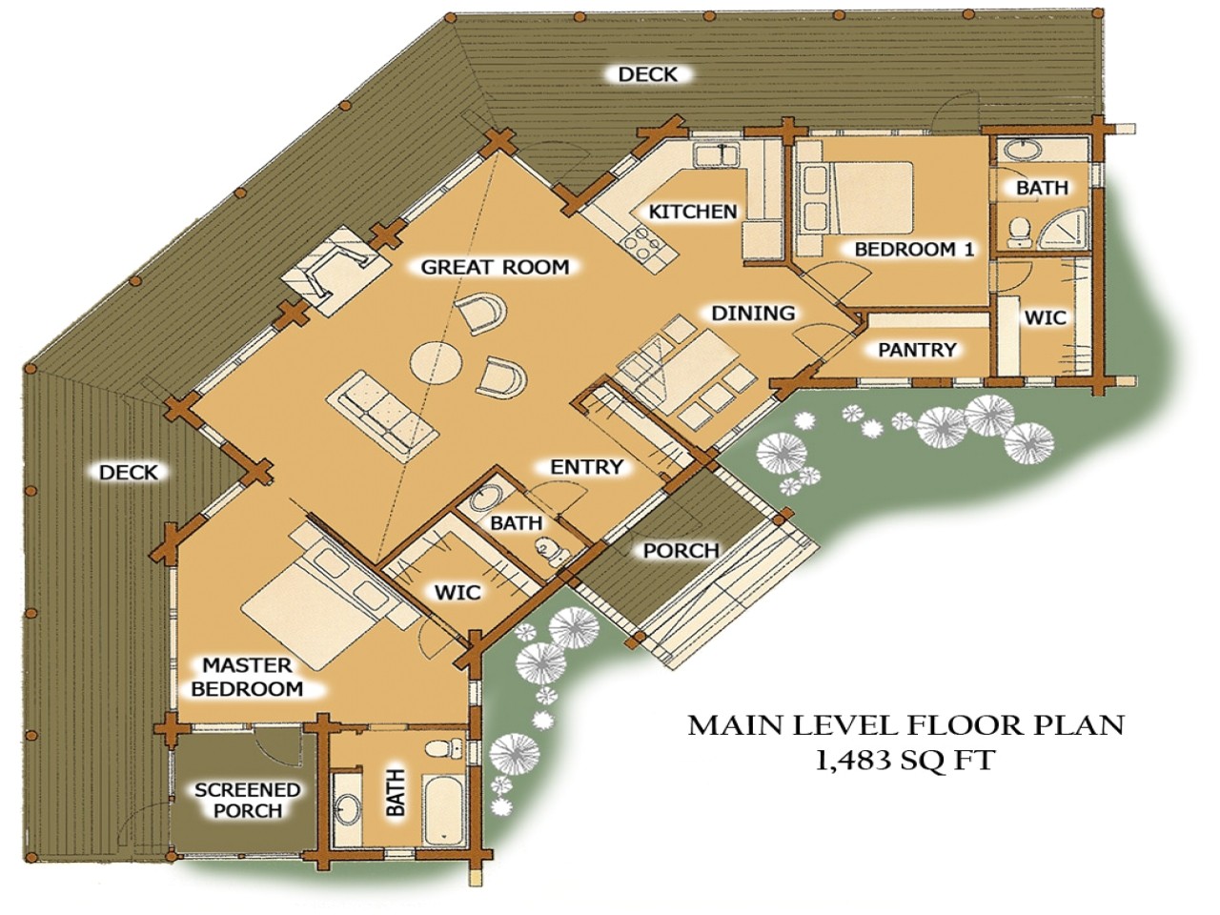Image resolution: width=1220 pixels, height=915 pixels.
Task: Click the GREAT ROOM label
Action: pos(495,268)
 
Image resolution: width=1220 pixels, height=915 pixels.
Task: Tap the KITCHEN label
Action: pos(692,212)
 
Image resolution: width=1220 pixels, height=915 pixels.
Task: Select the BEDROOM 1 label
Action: pos(914,250)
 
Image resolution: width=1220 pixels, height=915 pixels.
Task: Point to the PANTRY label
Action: pos(916,350)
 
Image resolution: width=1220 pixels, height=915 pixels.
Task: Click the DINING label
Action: pos(753,314)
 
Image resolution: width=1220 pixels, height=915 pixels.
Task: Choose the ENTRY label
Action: pos(586,467)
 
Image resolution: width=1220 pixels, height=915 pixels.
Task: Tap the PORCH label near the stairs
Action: pos(681,551)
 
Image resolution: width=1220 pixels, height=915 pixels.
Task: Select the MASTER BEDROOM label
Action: pos(247,677)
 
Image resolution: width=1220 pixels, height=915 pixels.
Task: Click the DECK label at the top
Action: pos(648,74)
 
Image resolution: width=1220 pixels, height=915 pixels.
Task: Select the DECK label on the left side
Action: pos(129,472)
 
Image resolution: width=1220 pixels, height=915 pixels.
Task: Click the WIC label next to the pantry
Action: pos(1045,317)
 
